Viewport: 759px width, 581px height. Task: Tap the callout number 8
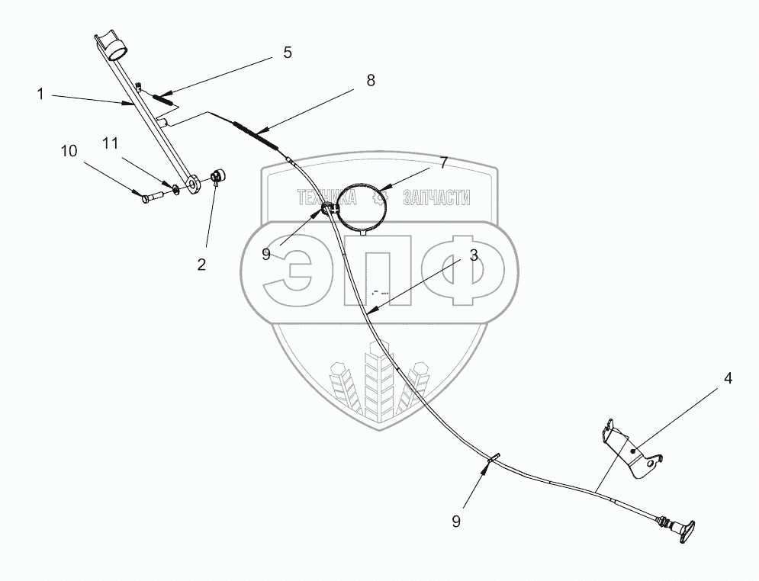[x=370, y=81]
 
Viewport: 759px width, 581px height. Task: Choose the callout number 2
[x=201, y=265]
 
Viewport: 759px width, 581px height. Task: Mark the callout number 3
[x=473, y=256]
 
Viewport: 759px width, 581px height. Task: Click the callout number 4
[x=728, y=378]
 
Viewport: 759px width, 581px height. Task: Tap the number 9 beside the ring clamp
[x=266, y=254]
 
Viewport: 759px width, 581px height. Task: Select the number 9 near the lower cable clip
[x=455, y=522]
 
